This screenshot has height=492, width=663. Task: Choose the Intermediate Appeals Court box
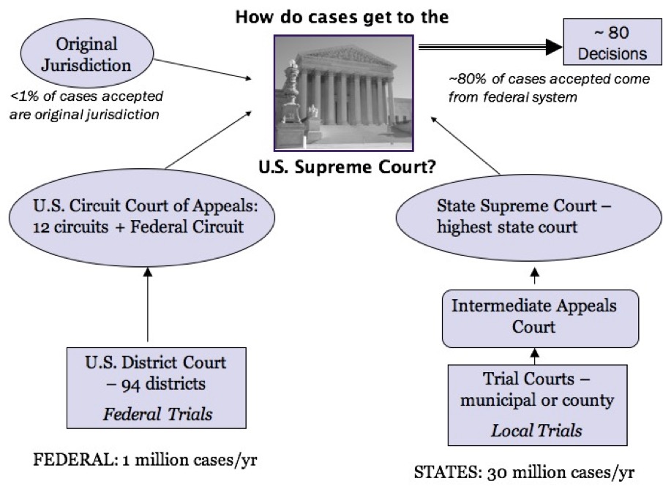coord(533,316)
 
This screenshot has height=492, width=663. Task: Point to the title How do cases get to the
coord(341,17)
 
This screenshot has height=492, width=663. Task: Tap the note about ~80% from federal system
coord(548,87)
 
